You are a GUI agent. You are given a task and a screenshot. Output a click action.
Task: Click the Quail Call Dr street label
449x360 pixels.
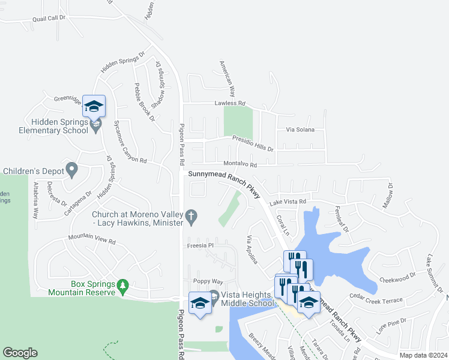[49, 18]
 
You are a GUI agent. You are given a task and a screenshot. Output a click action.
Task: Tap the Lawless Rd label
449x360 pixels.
[230, 103]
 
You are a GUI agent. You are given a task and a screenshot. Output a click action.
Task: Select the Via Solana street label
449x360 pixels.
[300, 130]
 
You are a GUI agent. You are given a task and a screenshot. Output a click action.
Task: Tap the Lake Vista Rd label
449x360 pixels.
[288, 202]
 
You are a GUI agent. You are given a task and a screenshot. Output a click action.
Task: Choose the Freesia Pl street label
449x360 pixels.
[203, 245]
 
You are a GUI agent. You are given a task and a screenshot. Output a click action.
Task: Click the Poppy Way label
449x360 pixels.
[208, 281]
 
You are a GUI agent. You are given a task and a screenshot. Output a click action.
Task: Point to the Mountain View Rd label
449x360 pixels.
[91, 241]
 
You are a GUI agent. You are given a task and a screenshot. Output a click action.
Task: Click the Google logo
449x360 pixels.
[20, 353]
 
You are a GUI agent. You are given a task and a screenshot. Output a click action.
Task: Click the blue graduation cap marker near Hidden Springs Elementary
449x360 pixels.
[94, 107]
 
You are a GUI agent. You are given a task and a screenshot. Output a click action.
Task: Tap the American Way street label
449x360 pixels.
[227, 78]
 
